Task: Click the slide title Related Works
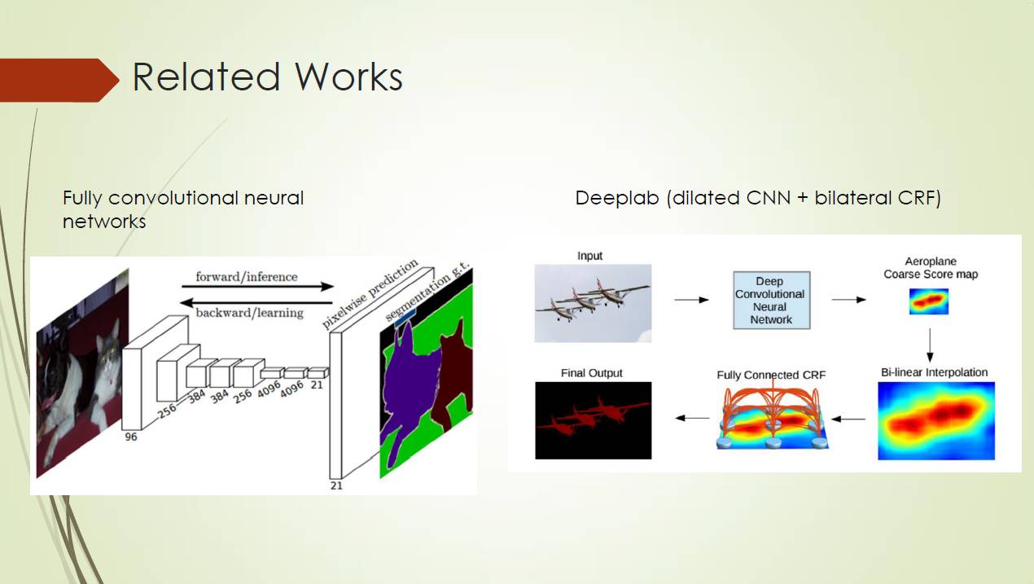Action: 267,77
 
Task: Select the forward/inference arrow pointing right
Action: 257,287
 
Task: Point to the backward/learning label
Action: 249,312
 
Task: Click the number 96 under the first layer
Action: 130,437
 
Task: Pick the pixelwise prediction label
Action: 371,294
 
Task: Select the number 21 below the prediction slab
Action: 336,485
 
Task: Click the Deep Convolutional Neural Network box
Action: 770,300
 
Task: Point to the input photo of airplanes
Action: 593,302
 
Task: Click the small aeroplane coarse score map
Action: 929,301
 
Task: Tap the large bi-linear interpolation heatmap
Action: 936,420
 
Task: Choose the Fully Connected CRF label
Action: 771,375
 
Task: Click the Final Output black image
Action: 593,420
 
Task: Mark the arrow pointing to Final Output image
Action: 692,419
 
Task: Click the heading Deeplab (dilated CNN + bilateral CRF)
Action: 757,198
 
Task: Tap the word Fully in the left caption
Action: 83,198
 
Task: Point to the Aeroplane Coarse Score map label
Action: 931,268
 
